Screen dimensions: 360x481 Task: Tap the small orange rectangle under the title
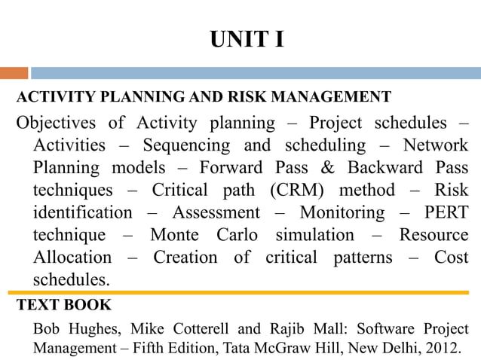[x=14, y=73]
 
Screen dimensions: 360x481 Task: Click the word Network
[x=436, y=145]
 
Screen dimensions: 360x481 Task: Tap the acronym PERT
[x=446, y=212]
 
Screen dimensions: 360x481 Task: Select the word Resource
[x=434, y=235]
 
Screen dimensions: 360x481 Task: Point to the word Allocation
[x=72, y=258]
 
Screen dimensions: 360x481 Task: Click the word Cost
[x=451, y=258]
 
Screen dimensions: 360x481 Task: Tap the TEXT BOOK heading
[x=64, y=305]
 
